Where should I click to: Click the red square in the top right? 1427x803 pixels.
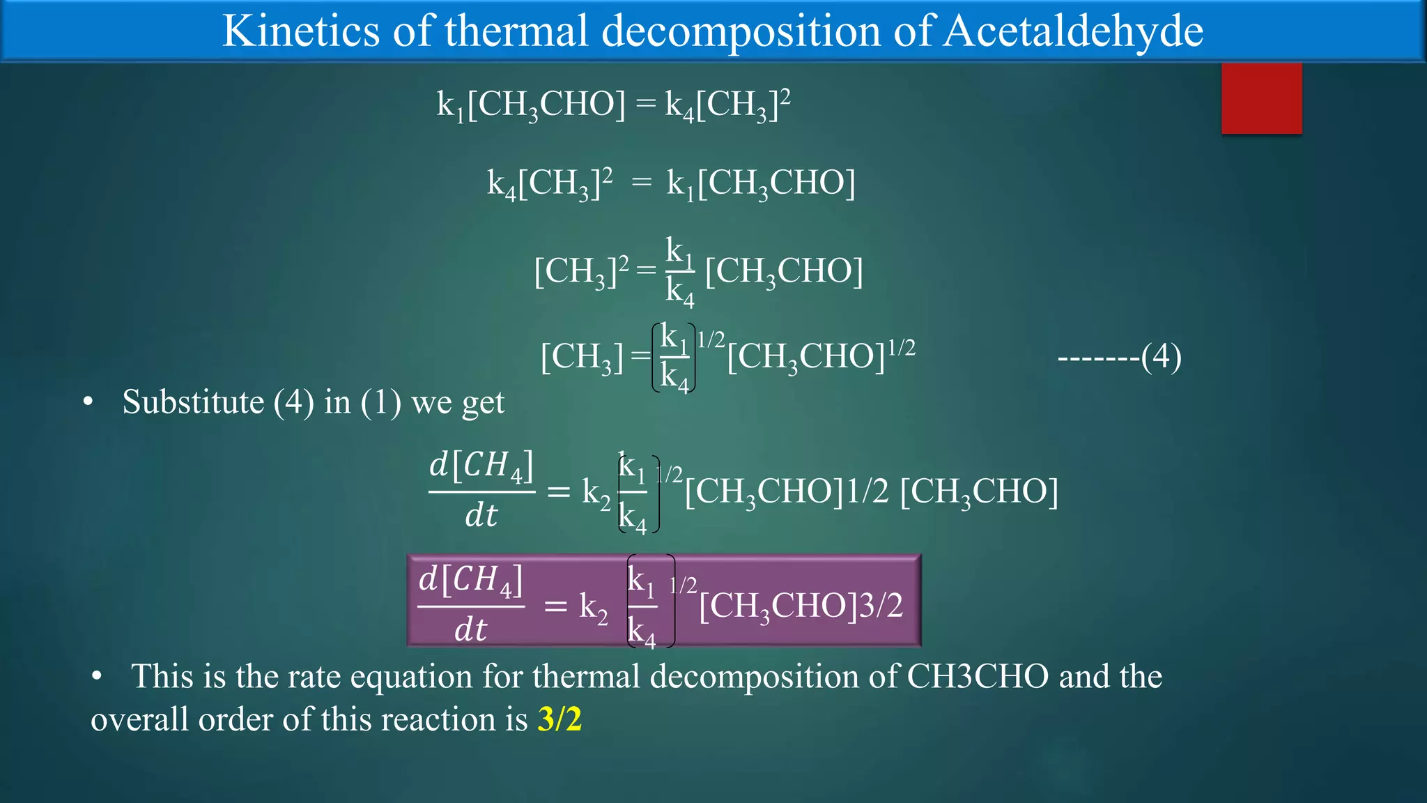pos(1261,98)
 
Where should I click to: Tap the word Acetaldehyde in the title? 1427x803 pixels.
pos(1073,31)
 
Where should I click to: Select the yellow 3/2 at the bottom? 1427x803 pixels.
pos(560,719)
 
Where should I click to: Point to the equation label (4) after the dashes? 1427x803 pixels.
pos(1161,358)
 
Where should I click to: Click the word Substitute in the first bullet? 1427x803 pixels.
pos(192,402)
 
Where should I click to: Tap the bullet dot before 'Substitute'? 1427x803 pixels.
pos(88,402)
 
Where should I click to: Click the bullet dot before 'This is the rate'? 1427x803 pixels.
pos(97,676)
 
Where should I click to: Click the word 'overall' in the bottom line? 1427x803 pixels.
pos(139,719)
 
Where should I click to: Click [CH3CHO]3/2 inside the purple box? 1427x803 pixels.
pos(801,605)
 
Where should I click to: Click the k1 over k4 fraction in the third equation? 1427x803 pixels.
pos(679,271)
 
